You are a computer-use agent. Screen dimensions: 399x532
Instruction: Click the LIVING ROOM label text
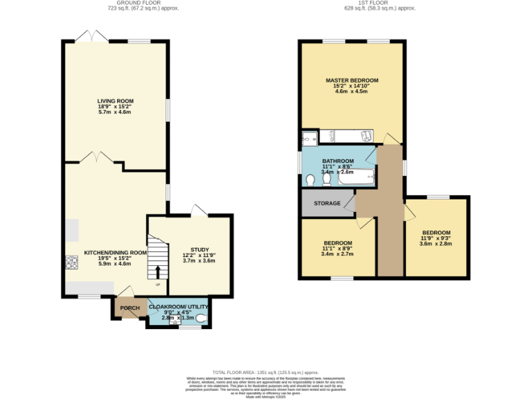tap(114, 101)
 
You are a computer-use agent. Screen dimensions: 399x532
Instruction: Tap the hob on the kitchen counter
tap(71, 263)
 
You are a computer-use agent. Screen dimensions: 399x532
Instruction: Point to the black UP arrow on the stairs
tap(157, 272)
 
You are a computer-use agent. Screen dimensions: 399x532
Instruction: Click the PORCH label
tap(130, 308)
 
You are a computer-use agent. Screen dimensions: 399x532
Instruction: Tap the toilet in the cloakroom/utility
tap(201, 319)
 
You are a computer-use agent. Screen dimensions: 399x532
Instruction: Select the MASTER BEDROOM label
tap(351, 80)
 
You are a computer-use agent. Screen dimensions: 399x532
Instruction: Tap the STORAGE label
tap(327, 204)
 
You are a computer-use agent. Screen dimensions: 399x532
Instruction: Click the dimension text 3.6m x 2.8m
tap(436, 244)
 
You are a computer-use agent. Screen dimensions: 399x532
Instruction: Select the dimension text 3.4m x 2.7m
tap(338, 254)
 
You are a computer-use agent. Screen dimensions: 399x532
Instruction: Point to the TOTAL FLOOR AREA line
tap(265, 372)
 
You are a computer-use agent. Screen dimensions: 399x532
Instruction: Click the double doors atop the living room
tap(91, 36)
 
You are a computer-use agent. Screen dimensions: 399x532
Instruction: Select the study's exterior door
tap(199, 210)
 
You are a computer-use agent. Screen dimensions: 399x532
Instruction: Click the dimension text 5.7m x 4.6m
tap(114, 112)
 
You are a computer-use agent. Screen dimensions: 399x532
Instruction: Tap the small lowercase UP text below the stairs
tap(157, 285)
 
